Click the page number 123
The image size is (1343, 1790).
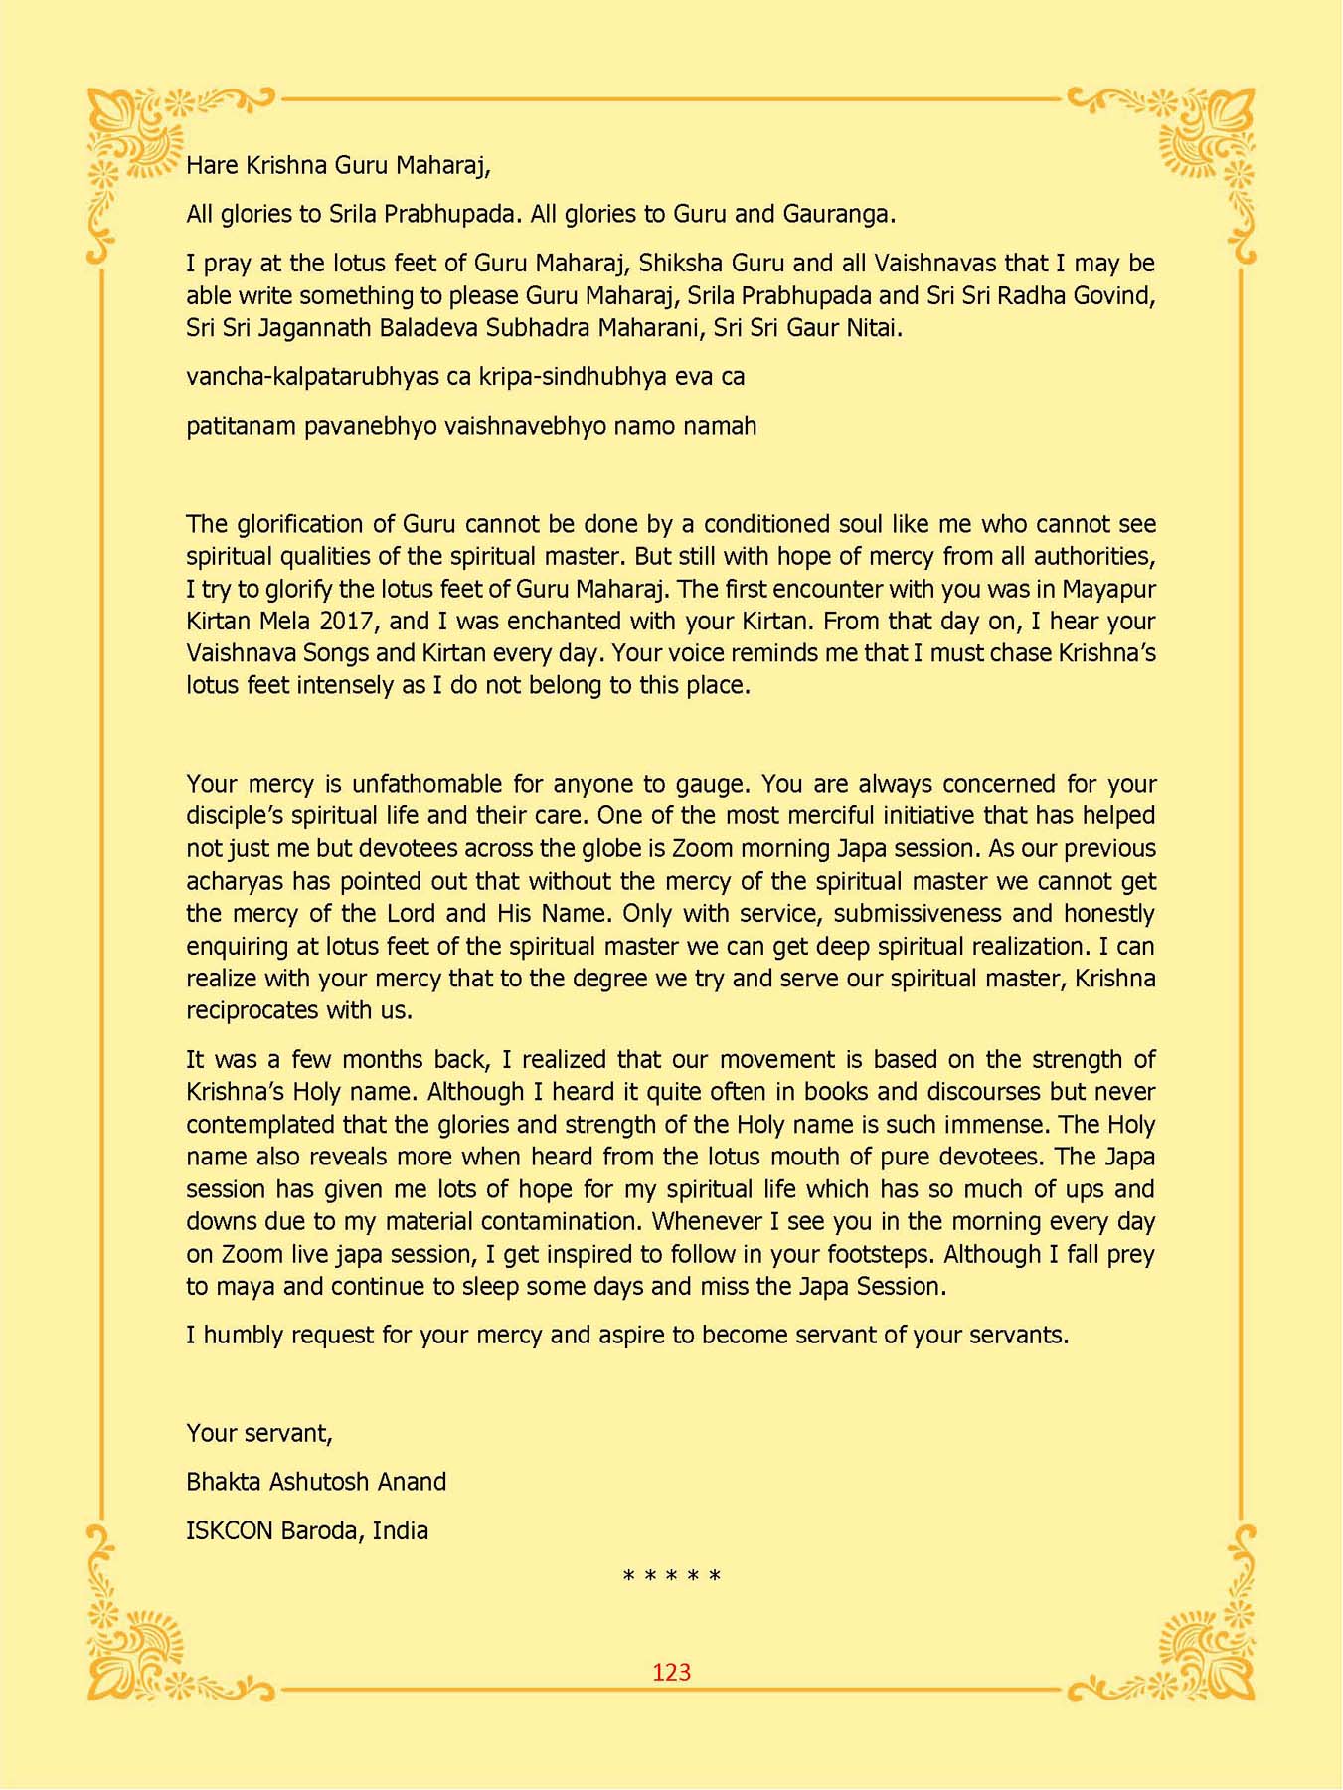pos(671,1673)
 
